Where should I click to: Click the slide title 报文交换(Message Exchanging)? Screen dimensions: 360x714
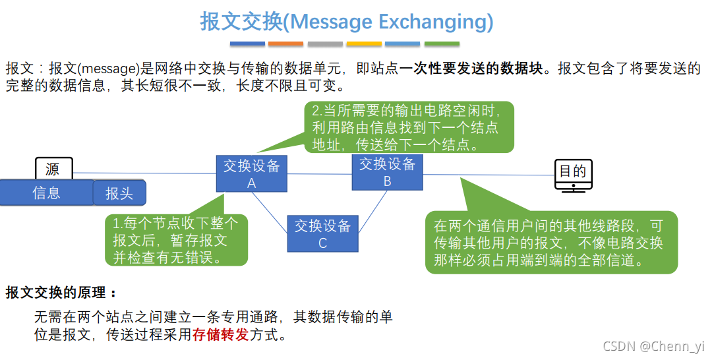347,22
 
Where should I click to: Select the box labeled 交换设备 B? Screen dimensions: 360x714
387,172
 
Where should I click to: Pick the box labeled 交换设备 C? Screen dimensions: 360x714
322,233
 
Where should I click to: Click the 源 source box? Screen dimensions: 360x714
53,169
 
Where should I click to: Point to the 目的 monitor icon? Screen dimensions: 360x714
572,175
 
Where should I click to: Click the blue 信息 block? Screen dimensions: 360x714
46,193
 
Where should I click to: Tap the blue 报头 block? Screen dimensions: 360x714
119,193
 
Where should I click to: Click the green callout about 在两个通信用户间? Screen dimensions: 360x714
551,242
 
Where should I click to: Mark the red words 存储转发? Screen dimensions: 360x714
220,334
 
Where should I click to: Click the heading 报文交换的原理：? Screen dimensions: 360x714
61,292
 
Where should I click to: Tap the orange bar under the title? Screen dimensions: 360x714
286,44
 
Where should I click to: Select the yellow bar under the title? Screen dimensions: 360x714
364,44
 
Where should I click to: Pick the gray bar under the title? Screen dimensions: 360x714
325,44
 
